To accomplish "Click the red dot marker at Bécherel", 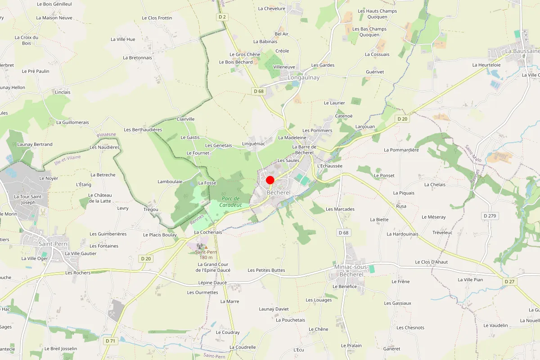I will click(270, 180).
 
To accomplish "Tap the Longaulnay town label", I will click(303, 77).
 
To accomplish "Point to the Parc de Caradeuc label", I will click(230, 202).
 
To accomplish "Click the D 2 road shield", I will click(221, 17).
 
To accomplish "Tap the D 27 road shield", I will click(509, 281).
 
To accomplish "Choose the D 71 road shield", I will click(110, 341).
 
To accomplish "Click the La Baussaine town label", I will click(522, 51).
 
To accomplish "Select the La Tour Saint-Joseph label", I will click(28, 199).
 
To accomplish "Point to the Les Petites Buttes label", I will click(266, 270).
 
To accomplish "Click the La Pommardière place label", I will click(401, 150).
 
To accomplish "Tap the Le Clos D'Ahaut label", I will click(431, 262).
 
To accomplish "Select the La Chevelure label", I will click(272, 9).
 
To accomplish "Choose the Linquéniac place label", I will click(254, 144).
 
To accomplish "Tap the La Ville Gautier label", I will click(81, 253).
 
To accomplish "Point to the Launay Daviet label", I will click(274, 309).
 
